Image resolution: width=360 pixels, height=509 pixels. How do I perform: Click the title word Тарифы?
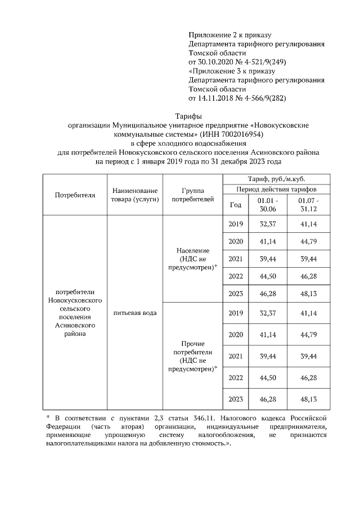180,115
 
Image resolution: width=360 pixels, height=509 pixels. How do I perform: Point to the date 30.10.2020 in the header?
216,62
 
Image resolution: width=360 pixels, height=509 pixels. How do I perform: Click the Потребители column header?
75,195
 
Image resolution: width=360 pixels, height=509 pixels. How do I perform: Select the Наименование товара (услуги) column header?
135,195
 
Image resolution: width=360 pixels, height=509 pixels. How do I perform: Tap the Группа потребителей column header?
192,195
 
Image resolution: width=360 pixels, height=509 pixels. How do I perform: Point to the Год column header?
236,205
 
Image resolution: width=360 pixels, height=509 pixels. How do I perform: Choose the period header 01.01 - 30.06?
268,204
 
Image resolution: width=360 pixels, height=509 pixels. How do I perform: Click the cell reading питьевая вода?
135,312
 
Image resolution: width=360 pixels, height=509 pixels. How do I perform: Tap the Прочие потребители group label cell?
192,356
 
